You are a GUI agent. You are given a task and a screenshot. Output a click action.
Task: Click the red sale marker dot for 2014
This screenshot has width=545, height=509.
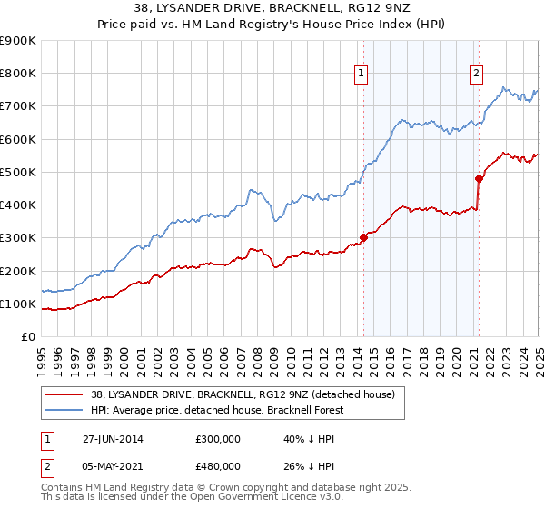363,237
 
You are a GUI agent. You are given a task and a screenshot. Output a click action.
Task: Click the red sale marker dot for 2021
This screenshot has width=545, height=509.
478,178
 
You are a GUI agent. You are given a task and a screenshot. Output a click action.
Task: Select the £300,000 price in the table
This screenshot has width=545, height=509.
218,438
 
